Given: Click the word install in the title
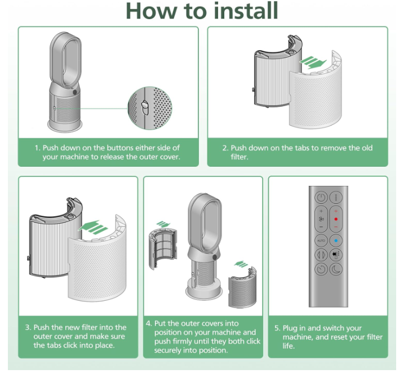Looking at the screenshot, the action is (246, 11).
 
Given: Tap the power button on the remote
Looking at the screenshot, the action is (321, 198).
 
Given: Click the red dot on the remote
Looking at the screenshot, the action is (336, 219).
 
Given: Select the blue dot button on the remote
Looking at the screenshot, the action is (336, 241).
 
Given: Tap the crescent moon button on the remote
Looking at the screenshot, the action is (336, 269).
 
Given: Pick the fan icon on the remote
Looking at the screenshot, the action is (321, 219).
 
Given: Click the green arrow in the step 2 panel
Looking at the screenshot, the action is (313, 63).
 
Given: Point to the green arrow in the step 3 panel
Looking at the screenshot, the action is (92, 228).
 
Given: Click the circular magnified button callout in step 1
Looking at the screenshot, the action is (150, 108).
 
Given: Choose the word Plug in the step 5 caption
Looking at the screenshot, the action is (290, 328).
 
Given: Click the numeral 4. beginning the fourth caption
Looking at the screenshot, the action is (149, 323).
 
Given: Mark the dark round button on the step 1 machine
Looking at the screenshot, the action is (75, 92).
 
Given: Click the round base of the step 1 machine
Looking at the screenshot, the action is (65, 126).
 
